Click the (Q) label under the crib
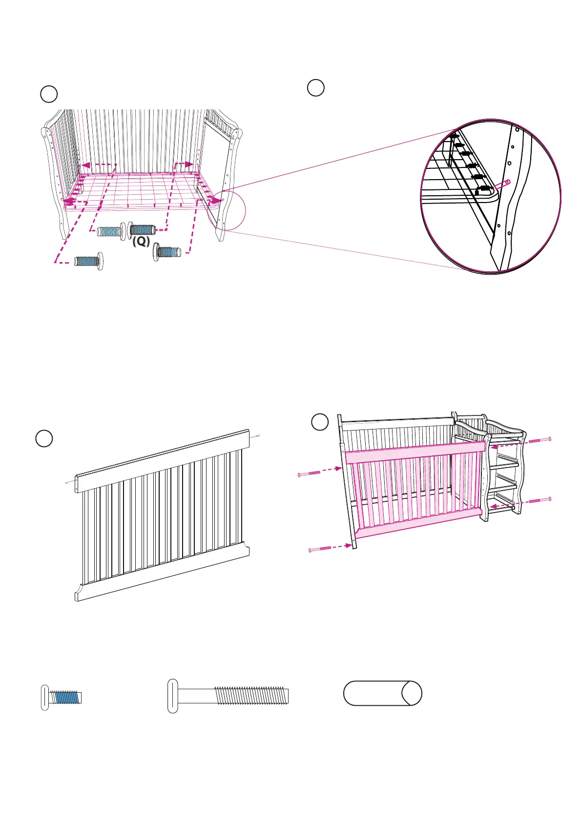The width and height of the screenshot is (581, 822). coord(141,242)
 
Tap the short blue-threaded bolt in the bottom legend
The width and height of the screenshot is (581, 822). coord(62,698)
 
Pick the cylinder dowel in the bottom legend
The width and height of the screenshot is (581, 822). coord(382,693)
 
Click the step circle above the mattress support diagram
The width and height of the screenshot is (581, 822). coord(49,94)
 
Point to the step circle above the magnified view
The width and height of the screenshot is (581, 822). coord(316,88)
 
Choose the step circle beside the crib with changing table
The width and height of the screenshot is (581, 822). coord(320,422)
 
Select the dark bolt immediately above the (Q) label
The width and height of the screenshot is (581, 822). coord(142,229)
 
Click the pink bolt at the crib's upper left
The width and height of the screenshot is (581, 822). coord(309,473)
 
